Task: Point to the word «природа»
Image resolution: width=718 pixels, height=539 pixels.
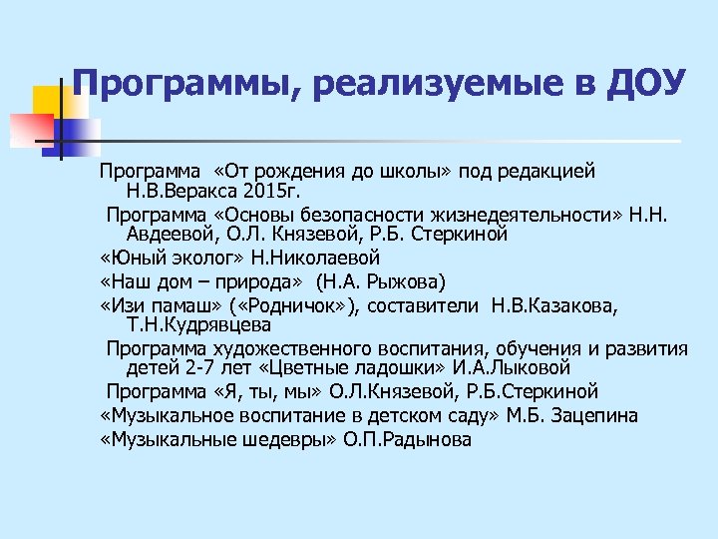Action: point(263,280)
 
